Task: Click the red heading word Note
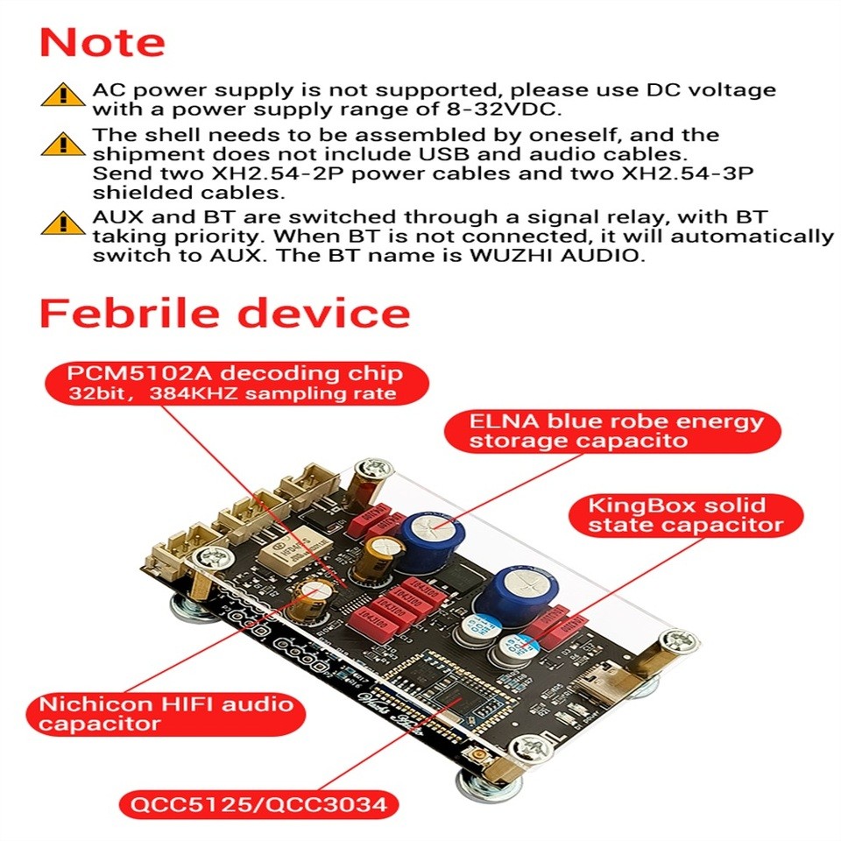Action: point(102,43)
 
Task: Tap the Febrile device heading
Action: point(224,313)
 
